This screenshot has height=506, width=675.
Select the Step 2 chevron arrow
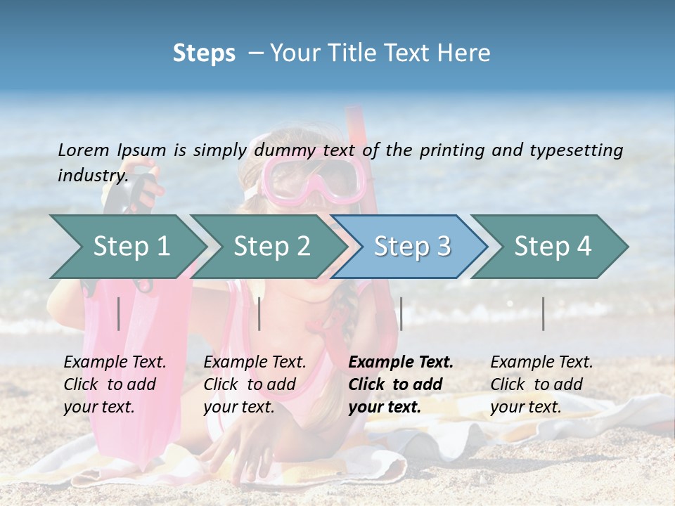pos(271,247)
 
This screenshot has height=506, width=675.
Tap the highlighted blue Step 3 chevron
pos(411,247)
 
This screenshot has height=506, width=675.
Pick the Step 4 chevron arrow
pos(552,247)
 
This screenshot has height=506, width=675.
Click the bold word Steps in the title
pos(204,53)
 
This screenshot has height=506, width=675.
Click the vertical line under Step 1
pos(119,313)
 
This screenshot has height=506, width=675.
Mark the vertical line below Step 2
pos(259,313)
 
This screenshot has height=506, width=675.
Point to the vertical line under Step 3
pos(401,313)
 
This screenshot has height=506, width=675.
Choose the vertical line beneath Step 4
pos(544,313)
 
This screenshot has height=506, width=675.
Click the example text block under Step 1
pos(115,384)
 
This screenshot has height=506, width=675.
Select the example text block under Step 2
pos(255,384)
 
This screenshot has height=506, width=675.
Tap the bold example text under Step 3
pos(401,384)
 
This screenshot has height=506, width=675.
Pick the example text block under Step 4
pos(541,384)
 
